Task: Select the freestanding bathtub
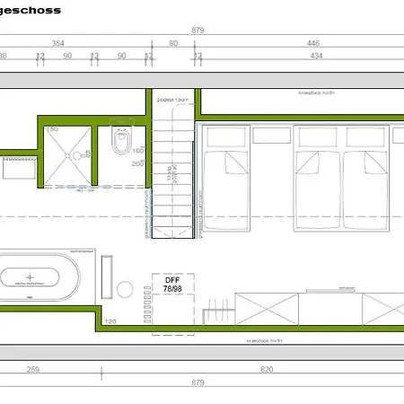(x=42, y=277)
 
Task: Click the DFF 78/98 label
(x=172, y=284)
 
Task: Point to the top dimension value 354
(x=57, y=42)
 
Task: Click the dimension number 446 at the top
(x=313, y=42)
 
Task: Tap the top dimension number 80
(x=172, y=42)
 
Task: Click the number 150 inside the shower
(x=53, y=130)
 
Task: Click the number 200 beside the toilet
(x=137, y=164)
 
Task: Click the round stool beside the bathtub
(x=125, y=289)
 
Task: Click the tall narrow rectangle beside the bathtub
(x=108, y=277)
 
